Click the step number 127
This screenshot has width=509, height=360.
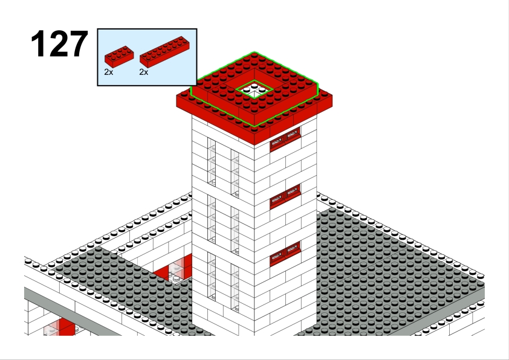59,43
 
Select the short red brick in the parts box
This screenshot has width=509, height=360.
119,56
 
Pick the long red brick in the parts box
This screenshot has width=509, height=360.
164,51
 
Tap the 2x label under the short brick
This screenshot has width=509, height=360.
108,72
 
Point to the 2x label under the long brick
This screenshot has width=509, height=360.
143,72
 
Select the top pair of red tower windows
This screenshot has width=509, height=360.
285,139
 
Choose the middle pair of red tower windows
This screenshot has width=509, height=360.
285,196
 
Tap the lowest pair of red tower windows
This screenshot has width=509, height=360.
285,254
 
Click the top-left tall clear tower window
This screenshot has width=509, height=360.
212,162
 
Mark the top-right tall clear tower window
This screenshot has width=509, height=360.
235,173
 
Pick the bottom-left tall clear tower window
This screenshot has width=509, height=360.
212,277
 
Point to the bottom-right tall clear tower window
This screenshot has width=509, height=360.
235,288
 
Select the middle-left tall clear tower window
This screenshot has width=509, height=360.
212,219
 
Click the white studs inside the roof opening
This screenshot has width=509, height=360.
254,88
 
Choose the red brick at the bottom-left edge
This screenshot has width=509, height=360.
65,327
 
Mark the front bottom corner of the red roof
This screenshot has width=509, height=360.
254,145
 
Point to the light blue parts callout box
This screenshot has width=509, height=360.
147,57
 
